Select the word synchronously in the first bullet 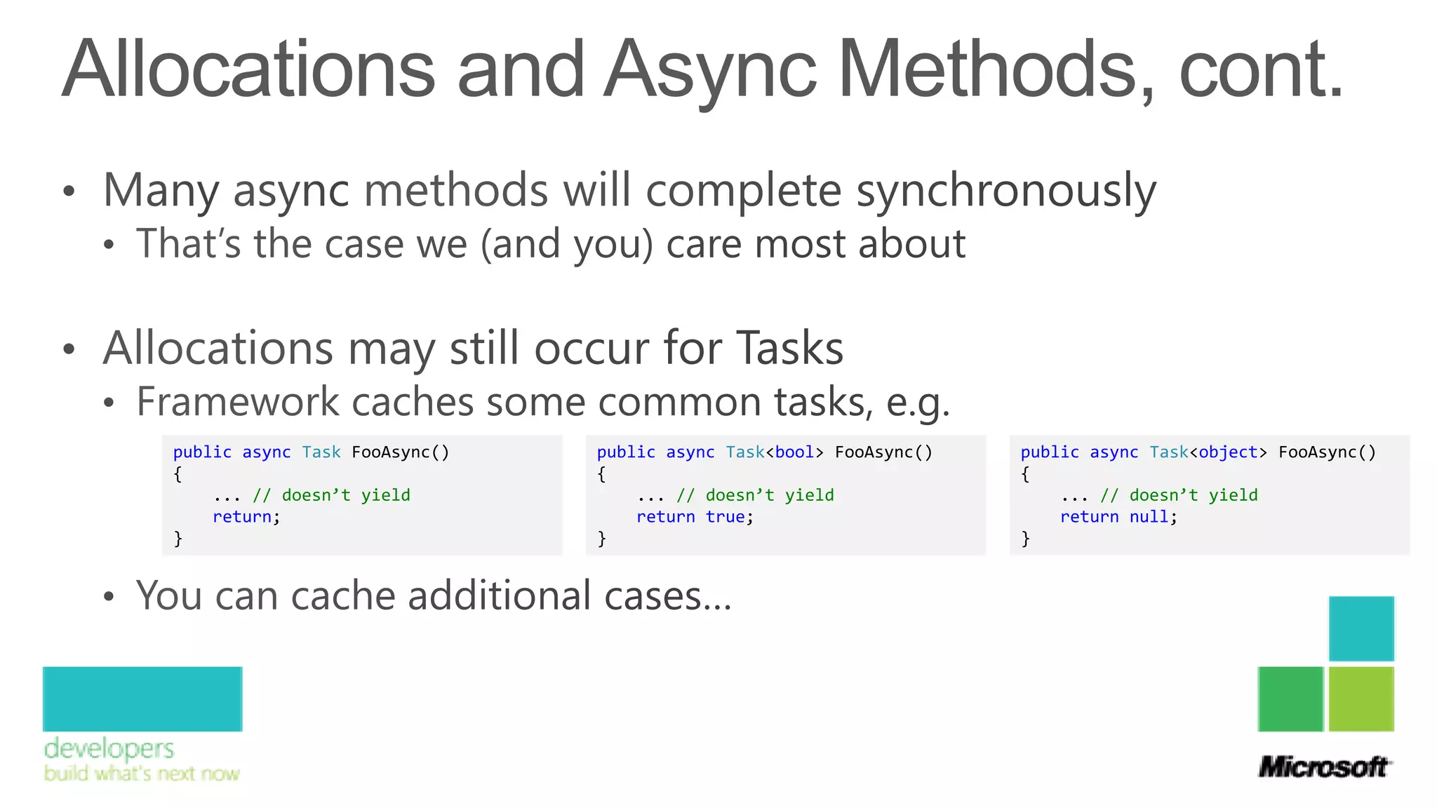pos(1006,191)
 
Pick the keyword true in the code pos(726,517)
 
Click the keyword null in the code pos(1149,517)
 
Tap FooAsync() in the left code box pos(400,452)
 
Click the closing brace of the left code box pos(178,539)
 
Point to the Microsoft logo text pos(1323,767)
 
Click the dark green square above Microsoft pos(1290,699)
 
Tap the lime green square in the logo pos(1361,699)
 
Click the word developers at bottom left pos(109,749)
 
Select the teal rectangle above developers pos(142,699)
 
